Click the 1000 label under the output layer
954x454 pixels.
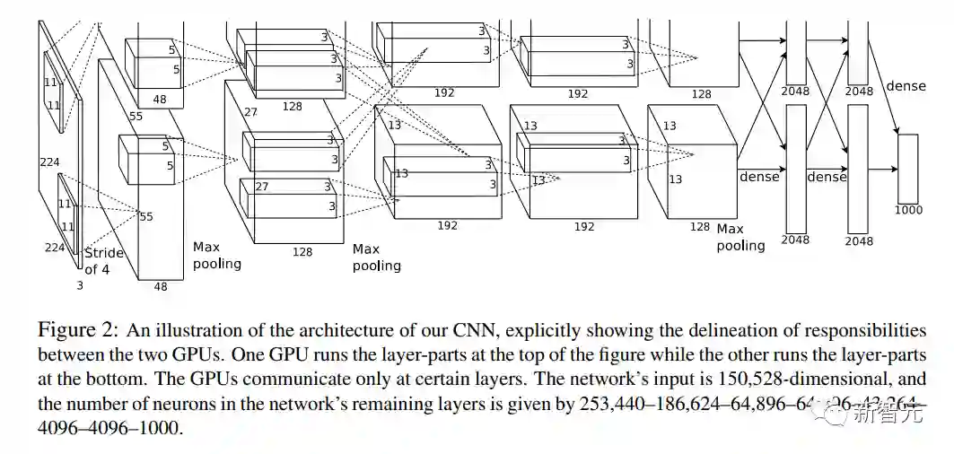click(x=908, y=210)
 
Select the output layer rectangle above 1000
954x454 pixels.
click(x=908, y=169)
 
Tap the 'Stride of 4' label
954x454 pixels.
click(x=103, y=260)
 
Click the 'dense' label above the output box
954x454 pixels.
click(x=906, y=86)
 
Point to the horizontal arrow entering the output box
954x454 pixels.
click(x=883, y=169)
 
